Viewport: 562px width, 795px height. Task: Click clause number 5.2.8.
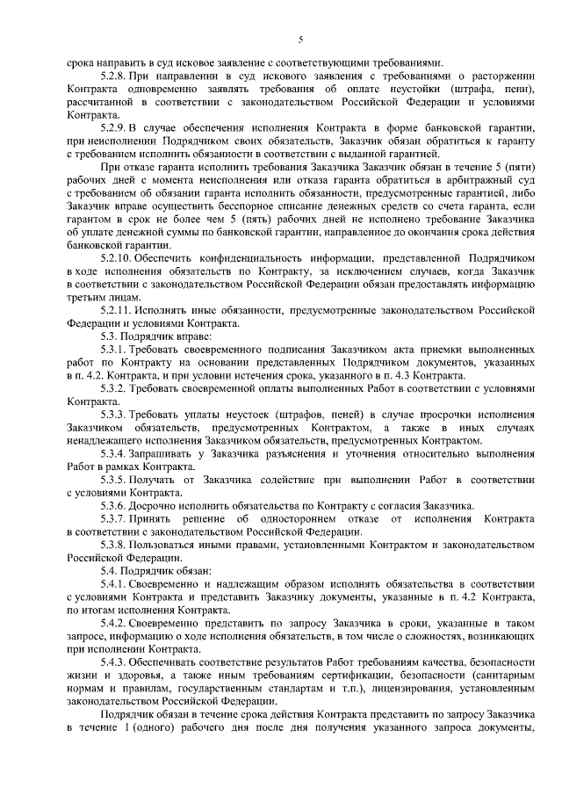click(x=117, y=78)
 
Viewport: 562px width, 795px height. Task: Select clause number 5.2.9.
click(x=117, y=130)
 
